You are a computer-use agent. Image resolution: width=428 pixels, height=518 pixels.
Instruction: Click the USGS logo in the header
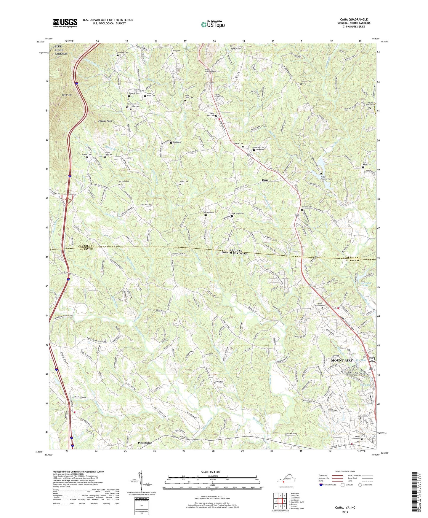click(x=65, y=23)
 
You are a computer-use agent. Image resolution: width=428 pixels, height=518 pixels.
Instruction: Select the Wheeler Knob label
click(x=105, y=121)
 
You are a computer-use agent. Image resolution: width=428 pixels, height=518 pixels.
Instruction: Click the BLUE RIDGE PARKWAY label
click(x=61, y=50)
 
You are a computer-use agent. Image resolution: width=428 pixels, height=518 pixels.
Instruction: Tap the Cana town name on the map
click(x=265, y=180)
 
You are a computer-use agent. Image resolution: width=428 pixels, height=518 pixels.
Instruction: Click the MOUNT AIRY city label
click(x=342, y=360)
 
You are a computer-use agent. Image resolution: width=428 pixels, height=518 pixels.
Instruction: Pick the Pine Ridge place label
click(x=145, y=443)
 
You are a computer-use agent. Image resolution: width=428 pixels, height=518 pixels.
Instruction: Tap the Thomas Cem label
click(x=306, y=81)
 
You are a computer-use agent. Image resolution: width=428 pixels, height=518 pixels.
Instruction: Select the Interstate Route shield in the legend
click(x=321, y=485)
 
